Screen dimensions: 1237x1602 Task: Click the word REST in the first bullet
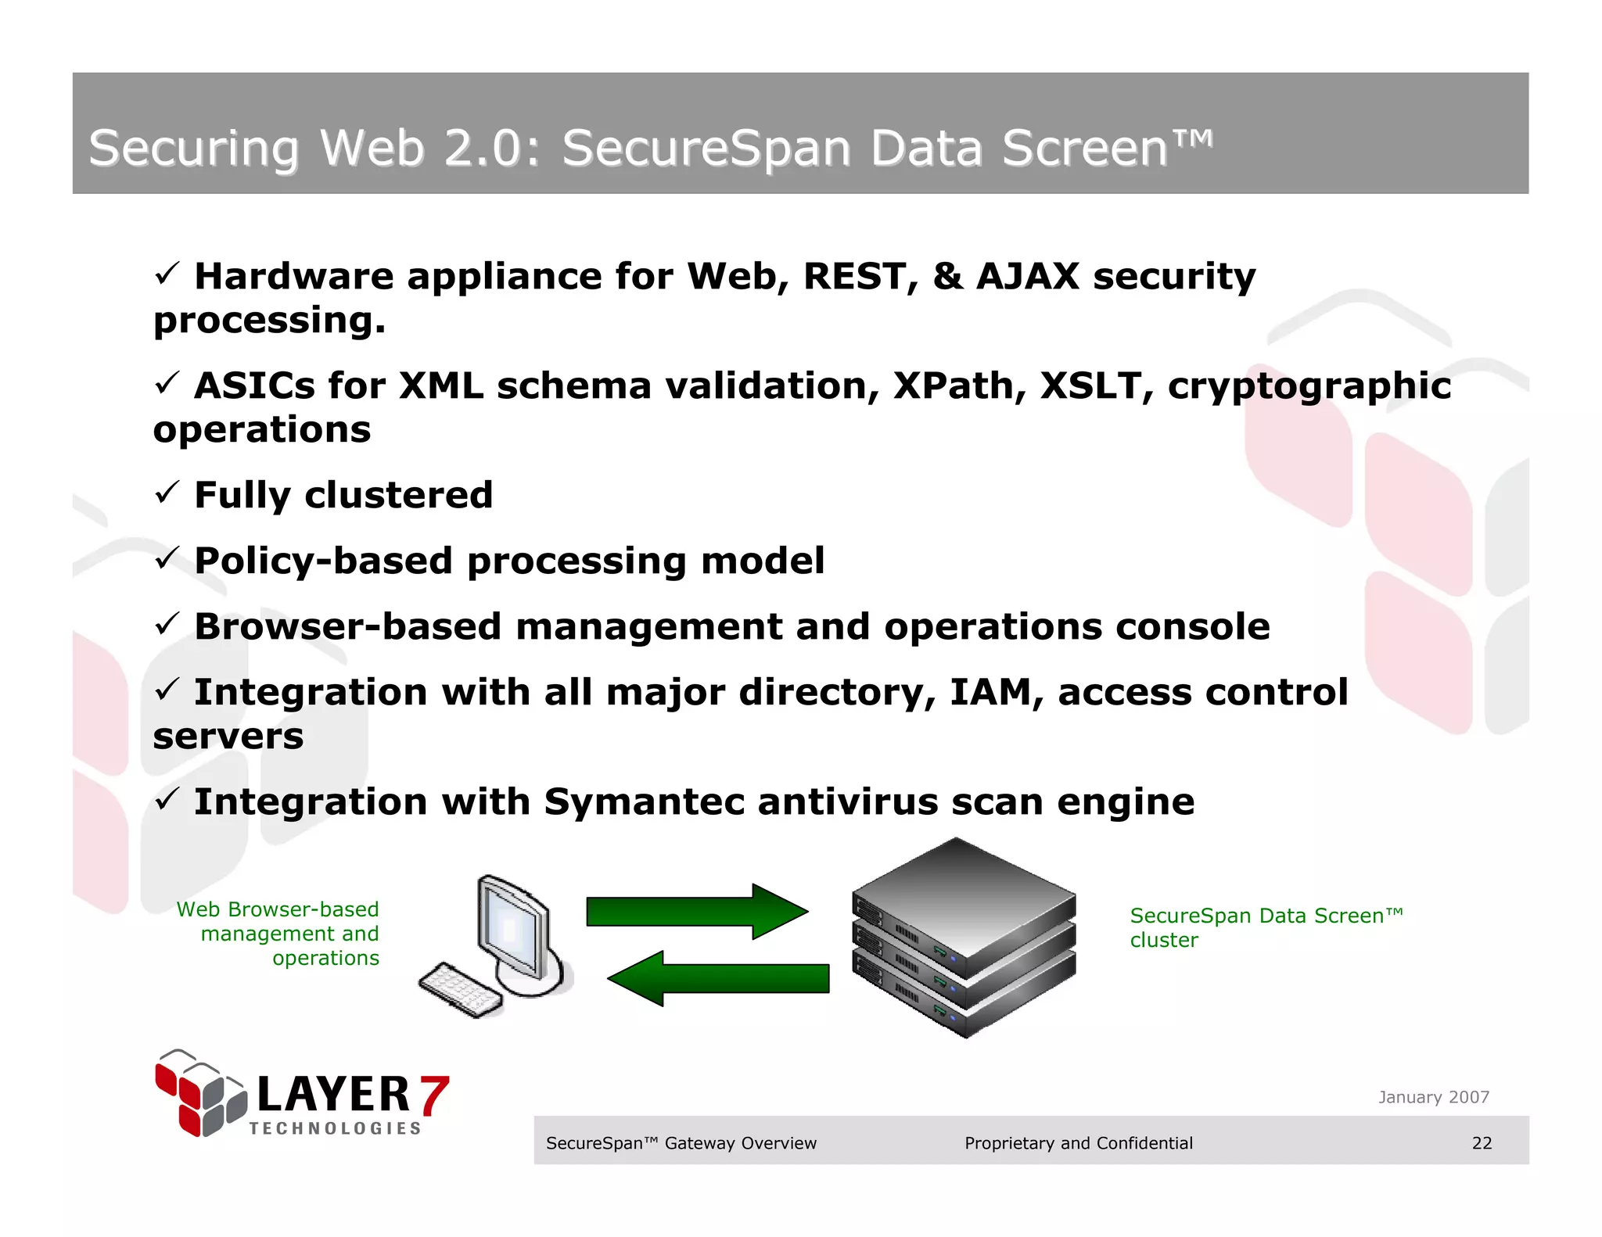coord(855,276)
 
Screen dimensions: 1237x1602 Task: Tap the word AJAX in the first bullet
coord(1027,276)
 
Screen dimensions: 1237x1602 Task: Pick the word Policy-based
coord(323,561)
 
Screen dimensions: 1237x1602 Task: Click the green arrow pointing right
coord(695,912)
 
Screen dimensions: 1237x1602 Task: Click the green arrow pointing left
coord(718,978)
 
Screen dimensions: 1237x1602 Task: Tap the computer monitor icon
coord(513,930)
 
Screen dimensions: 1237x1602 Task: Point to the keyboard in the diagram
coord(460,990)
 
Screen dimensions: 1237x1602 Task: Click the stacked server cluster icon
coord(963,938)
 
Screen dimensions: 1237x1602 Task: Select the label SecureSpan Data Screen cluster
coord(1266,927)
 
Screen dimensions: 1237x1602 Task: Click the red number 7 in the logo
coord(433,1095)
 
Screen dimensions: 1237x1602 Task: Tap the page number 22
coord(1482,1143)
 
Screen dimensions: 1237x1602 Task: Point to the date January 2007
coord(1433,1097)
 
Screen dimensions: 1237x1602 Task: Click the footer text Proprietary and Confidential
coord(1078,1143)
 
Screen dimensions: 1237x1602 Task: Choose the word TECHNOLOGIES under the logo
coord(335,1128)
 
